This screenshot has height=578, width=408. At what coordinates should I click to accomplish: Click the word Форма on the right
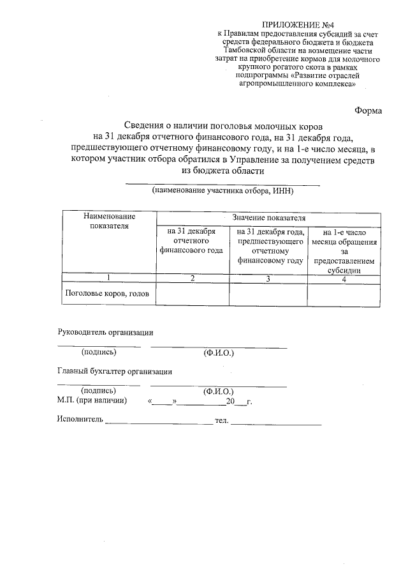368,110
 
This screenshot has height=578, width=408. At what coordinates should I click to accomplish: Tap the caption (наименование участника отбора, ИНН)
222,190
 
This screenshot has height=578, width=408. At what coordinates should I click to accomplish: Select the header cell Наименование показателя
108,221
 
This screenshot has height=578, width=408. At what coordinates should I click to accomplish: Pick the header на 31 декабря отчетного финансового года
192,241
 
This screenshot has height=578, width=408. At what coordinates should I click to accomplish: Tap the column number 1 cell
108,278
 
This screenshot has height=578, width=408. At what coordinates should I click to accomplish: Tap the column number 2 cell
192,278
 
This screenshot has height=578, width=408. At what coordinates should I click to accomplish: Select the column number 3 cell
268,278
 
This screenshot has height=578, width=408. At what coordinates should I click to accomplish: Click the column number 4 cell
345,278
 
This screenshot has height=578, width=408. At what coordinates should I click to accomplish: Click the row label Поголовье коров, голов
107,294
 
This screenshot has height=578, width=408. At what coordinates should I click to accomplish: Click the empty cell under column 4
345,294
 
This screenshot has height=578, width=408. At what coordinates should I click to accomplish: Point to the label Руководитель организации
105,332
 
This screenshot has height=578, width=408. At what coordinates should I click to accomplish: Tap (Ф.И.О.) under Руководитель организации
219,353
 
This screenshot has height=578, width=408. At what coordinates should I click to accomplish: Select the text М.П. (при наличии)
92,400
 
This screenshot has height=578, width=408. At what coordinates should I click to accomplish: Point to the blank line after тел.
275,422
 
